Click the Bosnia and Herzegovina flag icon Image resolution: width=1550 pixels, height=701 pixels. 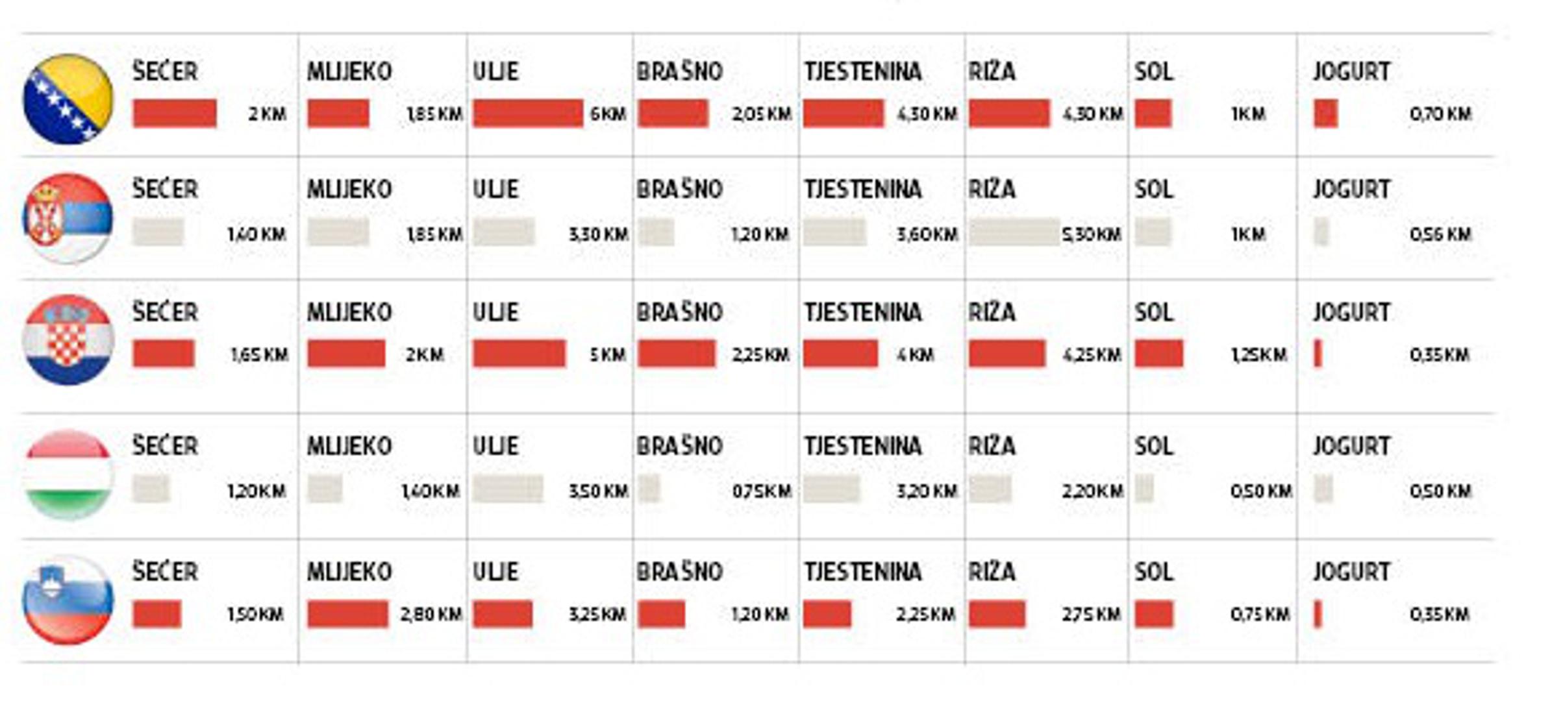[x=68, y=99]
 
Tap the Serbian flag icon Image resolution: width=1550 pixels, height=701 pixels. [x=68, y=218]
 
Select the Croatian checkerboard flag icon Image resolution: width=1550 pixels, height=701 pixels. [x=68, y=339]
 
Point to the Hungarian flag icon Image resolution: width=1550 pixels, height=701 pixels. [x=68, y=474]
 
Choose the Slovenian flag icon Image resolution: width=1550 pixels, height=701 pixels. [x=68, y=600]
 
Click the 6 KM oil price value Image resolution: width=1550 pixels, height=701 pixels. [x=608, y=114]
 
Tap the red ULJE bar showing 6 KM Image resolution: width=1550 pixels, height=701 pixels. [x=527, y=114]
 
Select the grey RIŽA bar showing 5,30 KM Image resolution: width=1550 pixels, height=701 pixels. [x=1014, y=232]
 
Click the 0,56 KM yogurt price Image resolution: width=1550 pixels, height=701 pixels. [x=1440, y=234]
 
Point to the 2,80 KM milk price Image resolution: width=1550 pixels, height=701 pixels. [x=431, y=614]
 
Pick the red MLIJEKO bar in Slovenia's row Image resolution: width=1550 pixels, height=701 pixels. [x=347, y=614]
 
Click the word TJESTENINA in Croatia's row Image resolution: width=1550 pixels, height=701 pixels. [x=862, y=312]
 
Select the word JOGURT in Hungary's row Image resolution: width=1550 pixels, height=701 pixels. [x=1352, y=446]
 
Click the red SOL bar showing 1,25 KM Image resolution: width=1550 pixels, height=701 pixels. [x=1158, y=354]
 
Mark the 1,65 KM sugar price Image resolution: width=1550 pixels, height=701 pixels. [x=259, y=355]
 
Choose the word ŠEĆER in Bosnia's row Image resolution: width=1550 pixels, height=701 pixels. [x=165, y=71]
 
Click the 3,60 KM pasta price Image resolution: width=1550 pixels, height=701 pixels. [x=927, y=234]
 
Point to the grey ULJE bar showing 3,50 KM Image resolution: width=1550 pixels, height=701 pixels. [x=507, y=489]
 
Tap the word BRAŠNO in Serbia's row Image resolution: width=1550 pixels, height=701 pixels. [x=679, y=189]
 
